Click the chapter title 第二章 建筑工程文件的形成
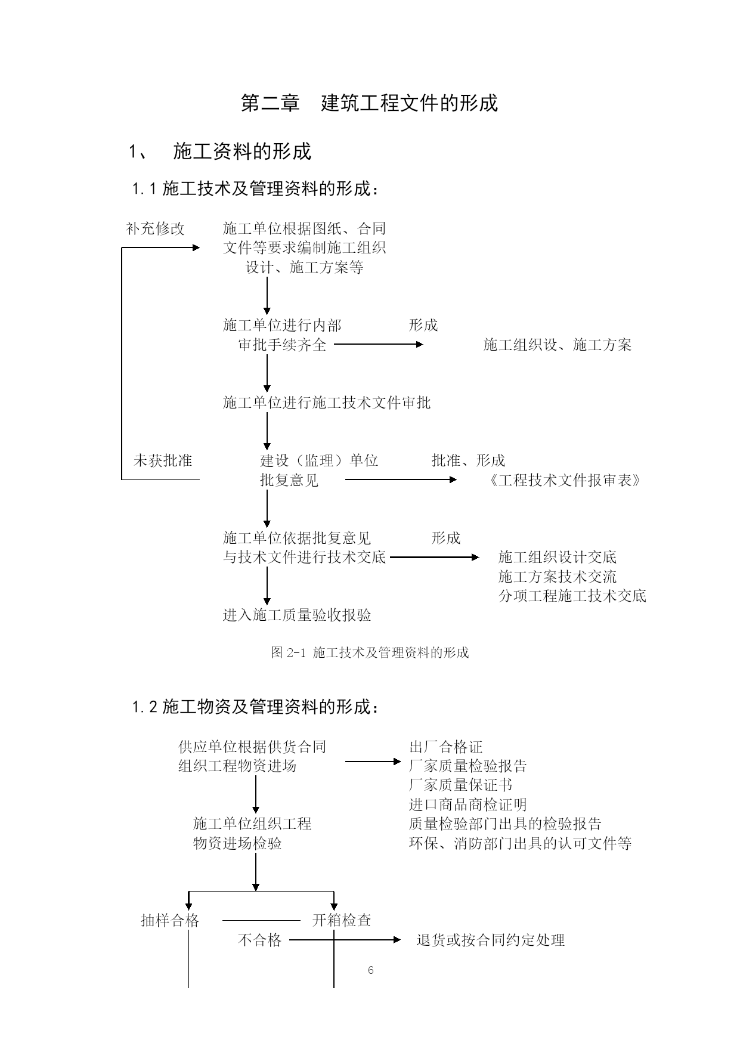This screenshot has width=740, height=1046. pyautogui.click(x=369, y=103)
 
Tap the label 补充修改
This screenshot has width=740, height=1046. pyautogui.click(x=155, y=228)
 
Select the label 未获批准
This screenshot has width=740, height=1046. pyautogui.click(x=163, y=460)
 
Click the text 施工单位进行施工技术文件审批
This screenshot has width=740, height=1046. pyautogui.click(x=327, y=403)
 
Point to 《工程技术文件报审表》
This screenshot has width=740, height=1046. pyautogui.click(x=564, y=480)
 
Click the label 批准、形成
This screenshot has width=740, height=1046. pyautogui.click(x=468, y=460)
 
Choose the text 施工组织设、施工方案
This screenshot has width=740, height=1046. pyautogui.click(x=557, y=345)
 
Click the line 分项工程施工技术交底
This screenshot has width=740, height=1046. pyautogui.click(x=572, y=596)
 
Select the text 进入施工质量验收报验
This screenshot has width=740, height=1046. pyautogui.click(x=297, y=615)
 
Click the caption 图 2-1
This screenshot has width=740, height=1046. pyautogui.click(x=288, y=652)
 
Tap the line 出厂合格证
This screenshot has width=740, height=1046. pyautogui.click(x=446, y=747)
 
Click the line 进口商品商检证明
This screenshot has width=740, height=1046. pyautogui.click(x=468, y=804)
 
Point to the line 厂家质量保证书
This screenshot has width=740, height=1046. pyautogui.click(x=461, y=785)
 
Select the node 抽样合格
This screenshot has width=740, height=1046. pyautogui.click(x=170, y=920)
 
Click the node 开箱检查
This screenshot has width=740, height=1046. pyautogui.click(x=342, y=920)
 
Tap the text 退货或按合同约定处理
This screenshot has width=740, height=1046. pyautogui.click(x=491, y=940)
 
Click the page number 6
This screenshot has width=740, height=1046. pyautogui.click(x=370, y=970)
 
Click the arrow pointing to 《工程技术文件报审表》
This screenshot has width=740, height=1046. pyautogui.click(x=401, y=479)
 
